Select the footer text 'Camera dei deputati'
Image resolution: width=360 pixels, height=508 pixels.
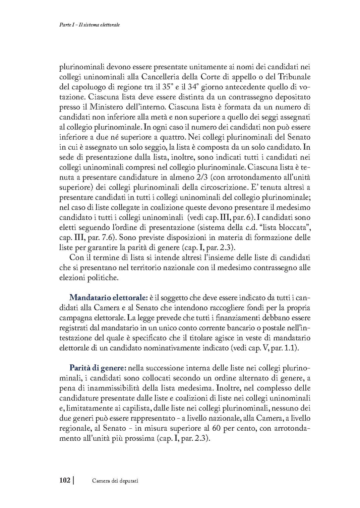115,481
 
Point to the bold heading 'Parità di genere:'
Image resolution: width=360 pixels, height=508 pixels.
97,368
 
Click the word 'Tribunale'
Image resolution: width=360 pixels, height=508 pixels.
293,77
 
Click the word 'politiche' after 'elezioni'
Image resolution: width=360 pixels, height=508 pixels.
104,278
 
